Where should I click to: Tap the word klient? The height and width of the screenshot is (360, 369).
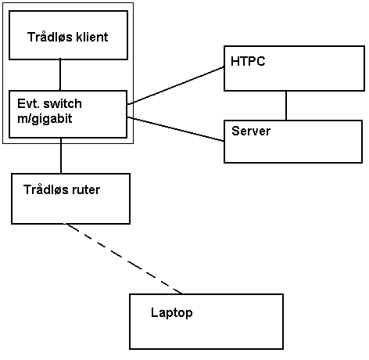(92, 37)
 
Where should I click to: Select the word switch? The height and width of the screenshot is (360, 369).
(63, 104)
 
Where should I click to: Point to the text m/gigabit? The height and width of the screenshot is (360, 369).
(45, 119)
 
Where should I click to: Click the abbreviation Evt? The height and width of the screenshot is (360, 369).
(29, 104)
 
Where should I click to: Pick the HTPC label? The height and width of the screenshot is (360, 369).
(248, 61)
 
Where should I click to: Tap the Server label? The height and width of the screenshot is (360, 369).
(251, 131)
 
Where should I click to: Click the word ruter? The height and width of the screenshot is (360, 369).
(86, 189)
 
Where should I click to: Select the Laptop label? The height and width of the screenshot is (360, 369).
(172, 313)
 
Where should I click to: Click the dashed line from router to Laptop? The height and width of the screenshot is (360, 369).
(124, 258)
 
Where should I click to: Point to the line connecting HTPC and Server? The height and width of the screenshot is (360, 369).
(286, 106)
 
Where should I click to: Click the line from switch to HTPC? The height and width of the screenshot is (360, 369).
(176, 85)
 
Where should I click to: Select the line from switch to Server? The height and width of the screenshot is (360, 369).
(176, 129)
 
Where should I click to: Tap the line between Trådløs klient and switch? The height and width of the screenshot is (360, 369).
(60, 75)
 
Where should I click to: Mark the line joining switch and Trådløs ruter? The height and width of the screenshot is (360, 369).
(61, 156)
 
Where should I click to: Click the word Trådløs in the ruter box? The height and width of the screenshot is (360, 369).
(46, 189)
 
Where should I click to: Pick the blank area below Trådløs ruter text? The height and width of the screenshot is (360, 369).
(70, 210)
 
